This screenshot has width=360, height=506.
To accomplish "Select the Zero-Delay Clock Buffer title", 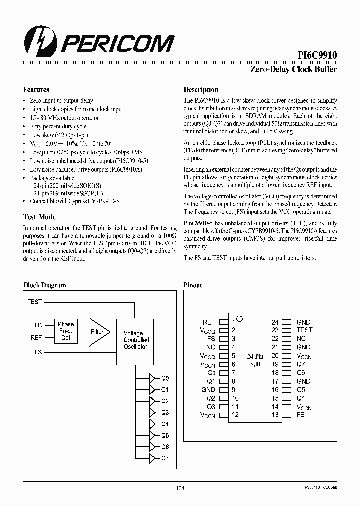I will tap(293, 70).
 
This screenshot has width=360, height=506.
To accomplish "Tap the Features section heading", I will tap(36, 90).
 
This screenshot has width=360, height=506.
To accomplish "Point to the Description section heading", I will tap(201, 90).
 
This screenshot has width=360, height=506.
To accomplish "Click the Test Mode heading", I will tap(39, 217).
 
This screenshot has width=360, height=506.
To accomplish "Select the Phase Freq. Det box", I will tap(66, 331).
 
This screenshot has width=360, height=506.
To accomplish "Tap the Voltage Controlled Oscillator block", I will tap(136, 340).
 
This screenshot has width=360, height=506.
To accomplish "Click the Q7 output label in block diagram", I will tap(165, 458).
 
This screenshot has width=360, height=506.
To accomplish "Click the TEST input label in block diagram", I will tap(34, 302).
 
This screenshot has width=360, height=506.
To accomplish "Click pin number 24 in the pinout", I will tap(275, 322).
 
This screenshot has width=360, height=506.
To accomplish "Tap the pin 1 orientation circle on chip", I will tap(240, 318).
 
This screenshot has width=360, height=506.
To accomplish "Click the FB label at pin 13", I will tap(301, 415).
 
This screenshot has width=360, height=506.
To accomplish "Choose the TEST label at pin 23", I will tap(304, 330).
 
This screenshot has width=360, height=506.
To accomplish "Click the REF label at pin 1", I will tap(209, 322).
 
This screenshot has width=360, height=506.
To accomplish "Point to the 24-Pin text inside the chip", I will tap(255, 356).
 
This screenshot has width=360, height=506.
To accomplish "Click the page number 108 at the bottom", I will tap(180, 488).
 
